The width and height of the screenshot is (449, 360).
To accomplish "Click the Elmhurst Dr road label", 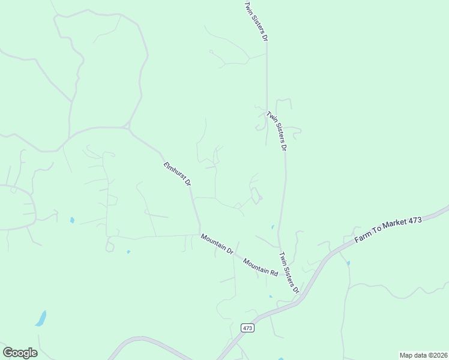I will click(x=177, y=173).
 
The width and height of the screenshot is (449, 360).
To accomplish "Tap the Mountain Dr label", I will click(x=217, y=245).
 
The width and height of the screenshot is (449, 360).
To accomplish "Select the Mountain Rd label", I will click(x=261, y=266).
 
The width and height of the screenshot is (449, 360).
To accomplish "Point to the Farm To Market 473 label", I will click(x=388, y=229).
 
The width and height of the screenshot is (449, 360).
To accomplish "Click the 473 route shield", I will click(x=248, y=328).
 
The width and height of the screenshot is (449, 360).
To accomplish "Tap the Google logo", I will click(x=20, y=353).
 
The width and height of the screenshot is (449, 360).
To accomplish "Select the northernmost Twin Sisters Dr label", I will click(x=255, y=20).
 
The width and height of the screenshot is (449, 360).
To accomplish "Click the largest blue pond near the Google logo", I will click(x=40, y=318).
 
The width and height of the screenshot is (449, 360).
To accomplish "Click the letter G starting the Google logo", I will click(x=7, y=352).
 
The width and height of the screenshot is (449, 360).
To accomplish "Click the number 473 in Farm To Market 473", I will click(x=415, y=220).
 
